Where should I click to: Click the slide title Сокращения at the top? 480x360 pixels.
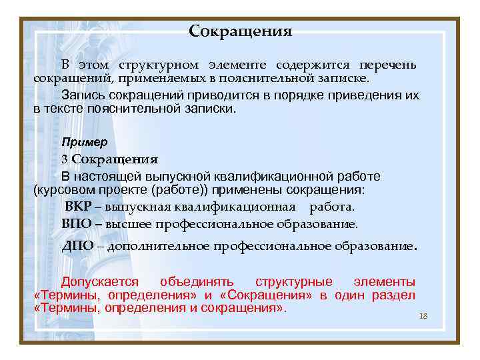pyautogui.click(x=240, y=31)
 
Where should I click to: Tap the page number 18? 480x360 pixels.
pyautogui.click(x=423, y=315)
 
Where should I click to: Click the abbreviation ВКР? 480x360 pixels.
pyautogui.click(x=79, y=207)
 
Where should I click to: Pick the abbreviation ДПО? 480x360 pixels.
pyautogui.click(x=77, y=246)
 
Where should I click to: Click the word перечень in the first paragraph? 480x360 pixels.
pyautogui.click(x=388, y=65)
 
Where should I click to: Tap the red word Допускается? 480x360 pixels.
pyautogui.click(x=100, y=282)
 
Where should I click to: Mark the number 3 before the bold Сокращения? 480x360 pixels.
pyautogui.click(x=65, y=159)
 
